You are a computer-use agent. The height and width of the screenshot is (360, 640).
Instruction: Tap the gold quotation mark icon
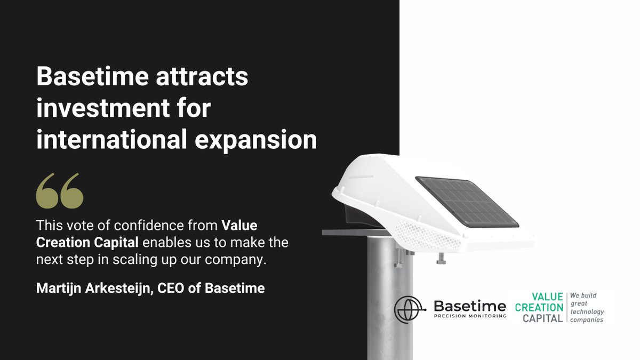[x=60, y=190]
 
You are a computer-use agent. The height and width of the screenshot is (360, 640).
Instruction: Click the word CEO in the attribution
[x=181, y=289]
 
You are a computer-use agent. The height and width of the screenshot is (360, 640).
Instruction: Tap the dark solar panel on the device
[x=467, y=201]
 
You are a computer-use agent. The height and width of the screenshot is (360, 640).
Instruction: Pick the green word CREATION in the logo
[x=539, y=307]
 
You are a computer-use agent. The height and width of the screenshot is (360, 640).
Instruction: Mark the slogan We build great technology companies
[x=587, y=307]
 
